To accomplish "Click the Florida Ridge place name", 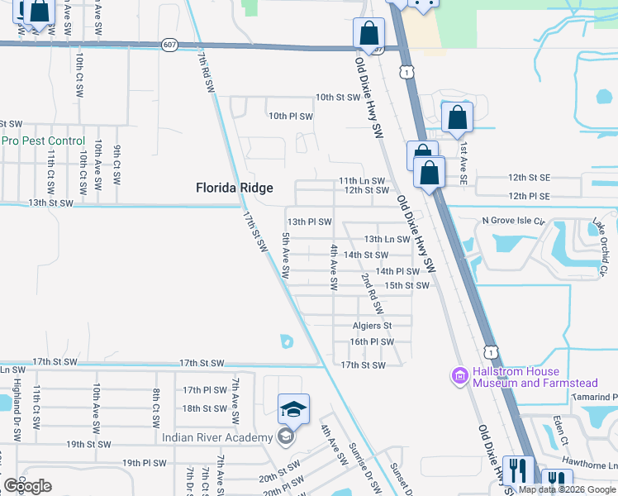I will [x=234, y=188].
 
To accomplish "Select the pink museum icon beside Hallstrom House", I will [x=459, y=376].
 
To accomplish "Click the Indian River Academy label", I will [x=217, y=437].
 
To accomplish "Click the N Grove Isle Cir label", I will [x=515, y=222].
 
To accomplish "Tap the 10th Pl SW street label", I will [x=290, y=117].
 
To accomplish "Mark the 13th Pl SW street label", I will [x=309, y=222].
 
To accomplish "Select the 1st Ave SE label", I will [x=464, y=162].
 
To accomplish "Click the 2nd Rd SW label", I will [x=371, y=294].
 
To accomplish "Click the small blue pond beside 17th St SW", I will [x=287, y=341].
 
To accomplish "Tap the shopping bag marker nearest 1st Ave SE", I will [x=457, y=118].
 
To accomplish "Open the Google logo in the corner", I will [x=26, y=486].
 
